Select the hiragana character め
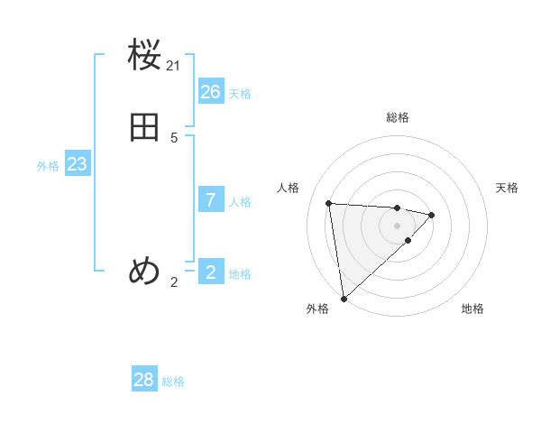(145, 271)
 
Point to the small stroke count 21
(174, 66)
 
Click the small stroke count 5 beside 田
(174, 138)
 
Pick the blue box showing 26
(211, 92)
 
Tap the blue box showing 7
(211, 200)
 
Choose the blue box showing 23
(77, 164)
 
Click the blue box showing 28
(144, 380)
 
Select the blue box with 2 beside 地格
(211, 272)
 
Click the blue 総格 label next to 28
(173, 382)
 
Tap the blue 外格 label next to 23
(48, 166)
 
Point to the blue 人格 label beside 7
(241, 202)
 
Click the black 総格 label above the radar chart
(398, 117)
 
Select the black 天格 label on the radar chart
(507, 188)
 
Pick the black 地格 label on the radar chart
(472, 309)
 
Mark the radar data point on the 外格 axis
(343, 298)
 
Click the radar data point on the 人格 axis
(329, 203)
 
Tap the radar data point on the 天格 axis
(432, 215)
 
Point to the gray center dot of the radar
(397, 225)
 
